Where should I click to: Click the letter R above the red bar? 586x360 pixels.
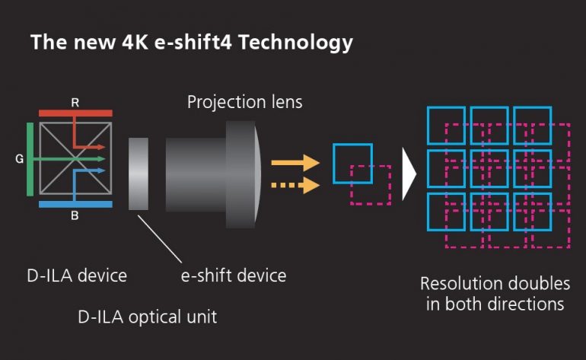coord(75,101)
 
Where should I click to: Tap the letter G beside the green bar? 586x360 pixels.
coord(18,160)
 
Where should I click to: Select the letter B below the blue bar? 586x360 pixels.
coord(75,217)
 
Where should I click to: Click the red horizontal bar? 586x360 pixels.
coord(75,113)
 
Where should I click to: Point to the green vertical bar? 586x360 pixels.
coord(30,160)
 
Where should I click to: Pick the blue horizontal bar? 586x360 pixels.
coord(75,204)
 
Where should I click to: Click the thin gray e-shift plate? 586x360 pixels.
coord(139,173)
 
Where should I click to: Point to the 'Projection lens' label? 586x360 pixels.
coord(244,101)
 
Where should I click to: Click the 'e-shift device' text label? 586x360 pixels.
coord(233,275)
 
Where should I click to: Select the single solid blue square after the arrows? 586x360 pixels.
coord(352,163)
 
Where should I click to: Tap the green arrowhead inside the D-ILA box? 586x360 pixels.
coord(101,159)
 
